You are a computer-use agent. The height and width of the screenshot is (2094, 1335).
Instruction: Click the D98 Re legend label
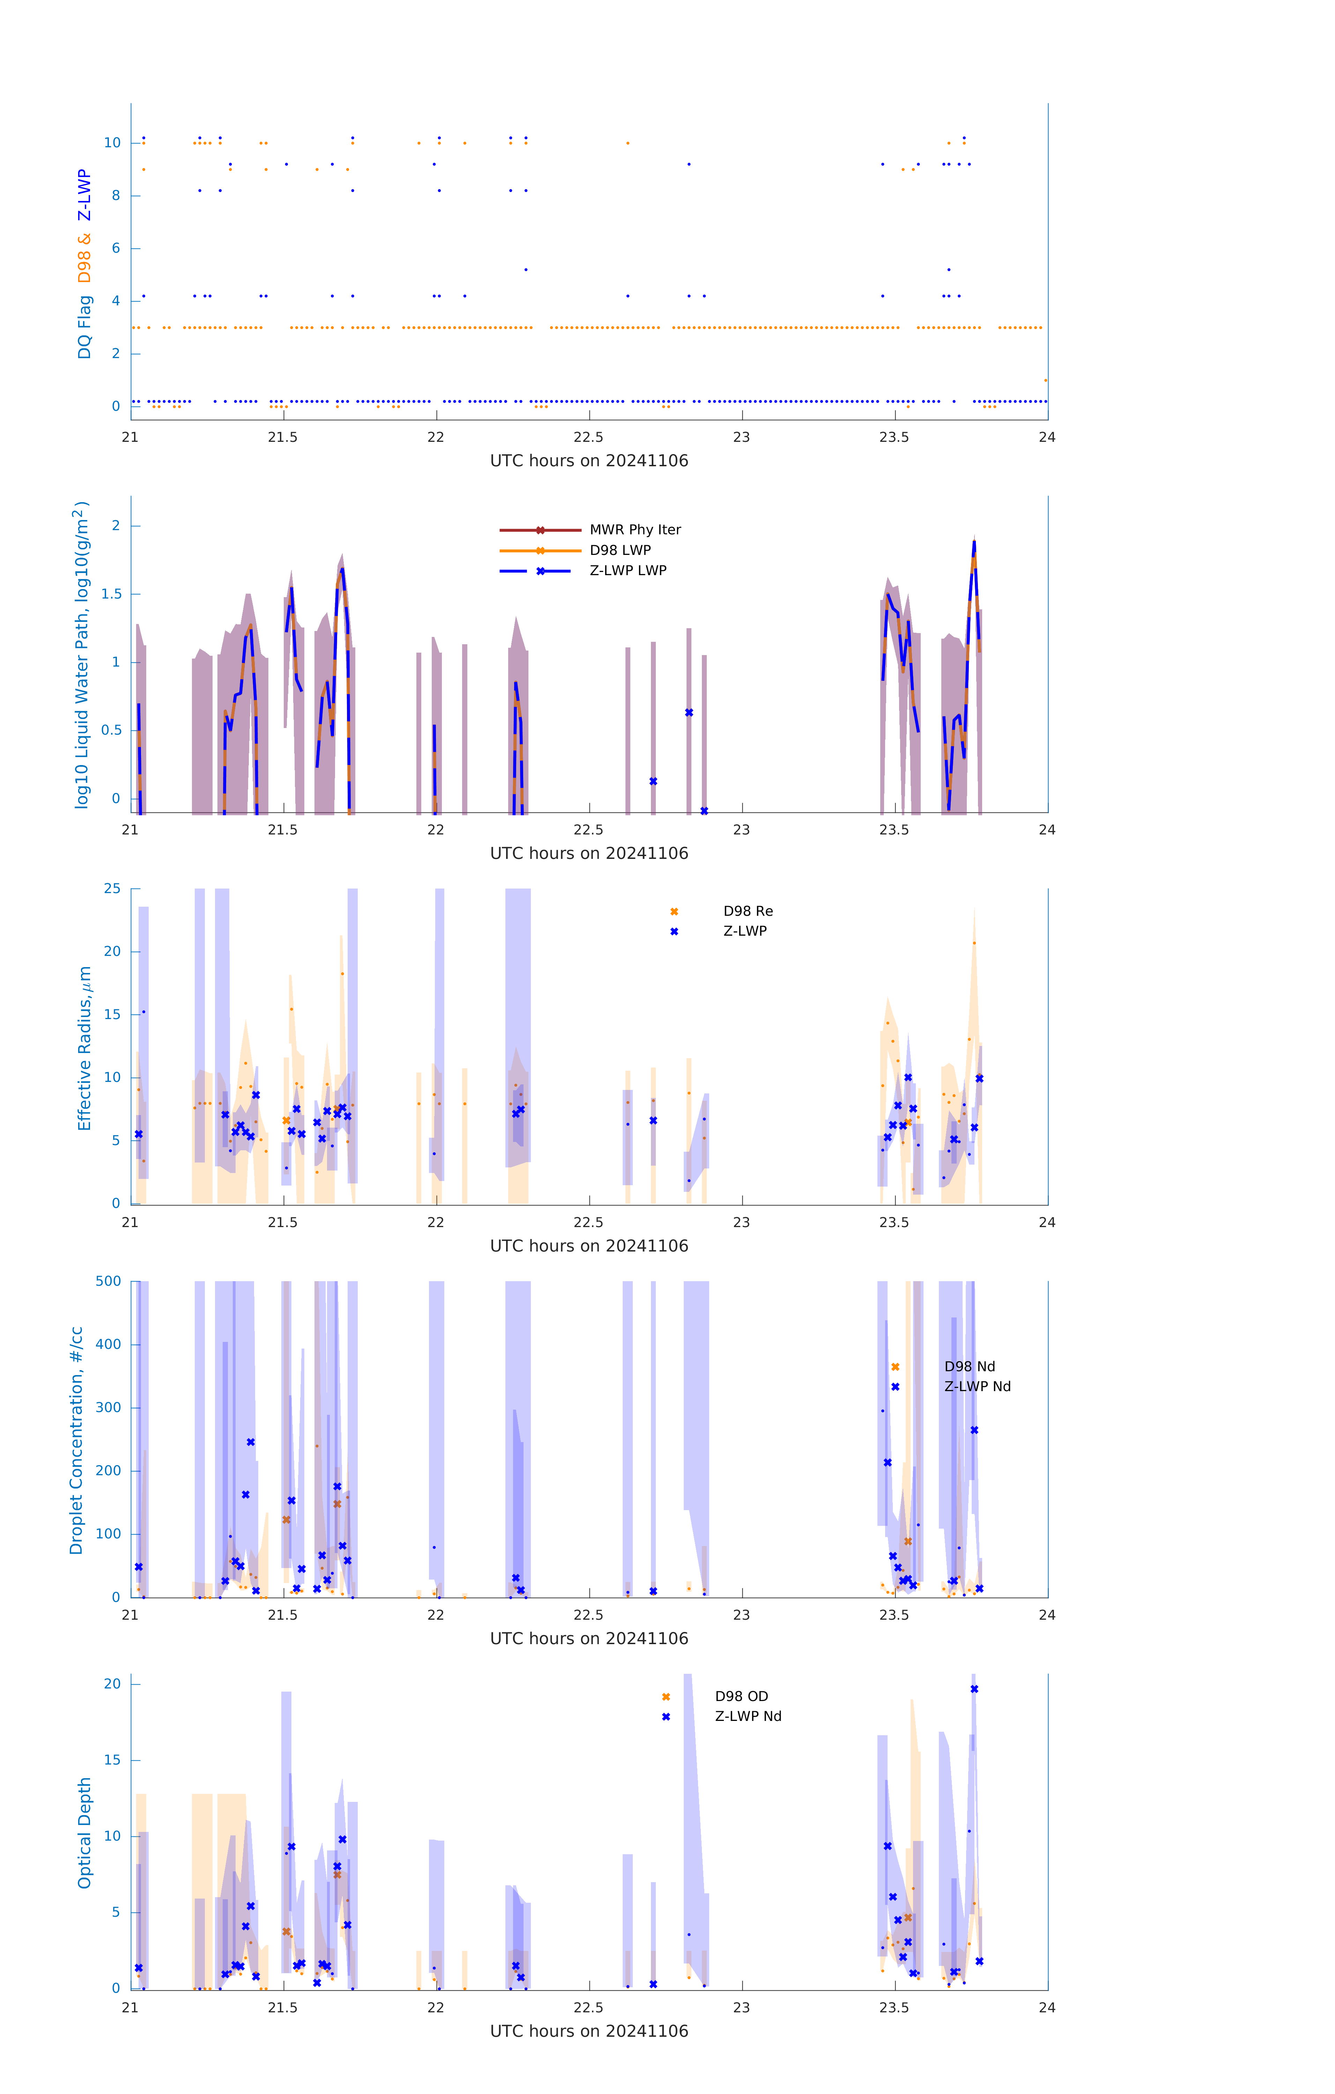[747, 911]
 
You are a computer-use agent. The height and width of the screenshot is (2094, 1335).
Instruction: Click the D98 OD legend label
[741, 1696]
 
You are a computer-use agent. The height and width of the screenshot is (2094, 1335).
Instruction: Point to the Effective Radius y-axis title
[84, 1048]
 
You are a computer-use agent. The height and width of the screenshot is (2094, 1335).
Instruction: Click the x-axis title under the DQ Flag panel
[589, 461]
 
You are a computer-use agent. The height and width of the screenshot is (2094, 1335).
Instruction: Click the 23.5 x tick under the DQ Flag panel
[894, 437]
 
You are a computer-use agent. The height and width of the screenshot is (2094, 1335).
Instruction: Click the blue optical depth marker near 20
[974, 1689]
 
